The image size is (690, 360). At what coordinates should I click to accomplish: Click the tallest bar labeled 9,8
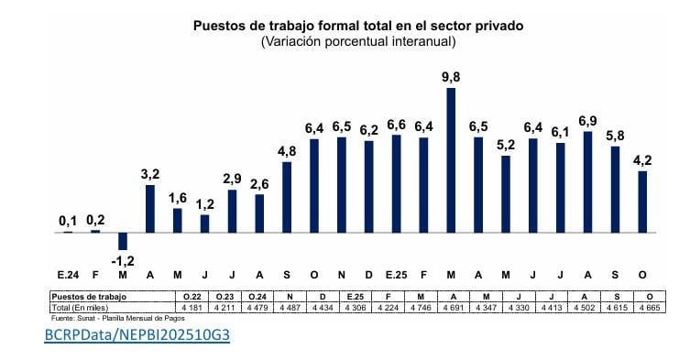[451, 159]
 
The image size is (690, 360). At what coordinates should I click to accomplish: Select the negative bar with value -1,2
[123, 241]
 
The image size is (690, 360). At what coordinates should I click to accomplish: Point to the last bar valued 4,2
[642, 202]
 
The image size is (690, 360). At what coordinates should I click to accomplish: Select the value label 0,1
[68, 221]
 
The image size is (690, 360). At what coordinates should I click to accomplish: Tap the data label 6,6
[396, 124]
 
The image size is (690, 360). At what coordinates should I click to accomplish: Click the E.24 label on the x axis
[68, 275]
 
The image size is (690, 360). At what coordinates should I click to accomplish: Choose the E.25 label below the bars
[396, 275]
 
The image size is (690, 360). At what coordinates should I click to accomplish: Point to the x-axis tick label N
[342, 275]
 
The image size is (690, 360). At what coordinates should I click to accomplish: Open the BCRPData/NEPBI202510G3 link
[136, 336]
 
